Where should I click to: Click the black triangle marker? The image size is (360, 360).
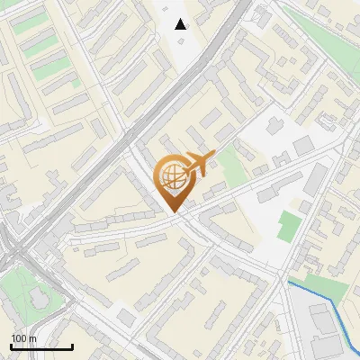(x=181, y=24)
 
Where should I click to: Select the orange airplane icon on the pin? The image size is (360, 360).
(x=197, y=164)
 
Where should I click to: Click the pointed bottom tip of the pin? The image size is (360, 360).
(x=173, y=211)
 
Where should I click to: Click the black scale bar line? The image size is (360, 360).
(x=41, y=346)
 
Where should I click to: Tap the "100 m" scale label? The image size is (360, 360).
(x=23, y=338)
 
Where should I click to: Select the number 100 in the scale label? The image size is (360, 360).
(x=19, y=338)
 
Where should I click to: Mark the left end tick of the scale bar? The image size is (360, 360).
(x=11, y=346)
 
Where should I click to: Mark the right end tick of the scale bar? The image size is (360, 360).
(x=72, y=346)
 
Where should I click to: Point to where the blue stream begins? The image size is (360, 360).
(x=289, y=283)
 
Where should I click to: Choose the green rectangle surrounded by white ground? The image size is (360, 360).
(x=288, y=226)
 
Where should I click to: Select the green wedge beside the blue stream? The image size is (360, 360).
(x=324, y=286)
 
